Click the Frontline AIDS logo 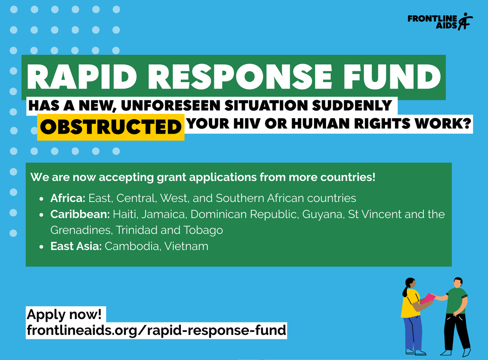coord(440,22)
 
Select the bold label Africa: coord(68,198)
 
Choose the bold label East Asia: coord(76,246)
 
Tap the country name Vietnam coord(187,246)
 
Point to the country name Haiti coord(125,214)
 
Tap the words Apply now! coord(64,314)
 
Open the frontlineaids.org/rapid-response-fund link coord(157,330)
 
